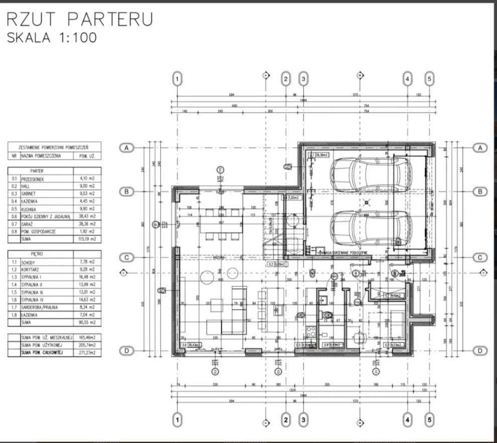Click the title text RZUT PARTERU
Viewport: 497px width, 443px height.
(80, 19)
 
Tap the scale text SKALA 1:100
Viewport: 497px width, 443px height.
(51, 38)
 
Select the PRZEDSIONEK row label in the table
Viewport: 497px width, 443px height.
(34, 178)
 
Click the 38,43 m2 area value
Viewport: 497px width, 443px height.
(87, 216)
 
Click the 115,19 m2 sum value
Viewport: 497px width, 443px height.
(87, 240)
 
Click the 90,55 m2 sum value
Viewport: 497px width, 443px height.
(87, 323)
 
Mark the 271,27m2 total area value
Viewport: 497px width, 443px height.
(87, 354)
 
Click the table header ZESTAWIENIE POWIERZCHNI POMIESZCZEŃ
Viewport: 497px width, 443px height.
(54, 148)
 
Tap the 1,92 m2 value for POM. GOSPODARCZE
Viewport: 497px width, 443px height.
(87, 232)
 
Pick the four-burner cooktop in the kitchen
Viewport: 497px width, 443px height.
(310, 331)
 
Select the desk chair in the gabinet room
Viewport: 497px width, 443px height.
(358, 337)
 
